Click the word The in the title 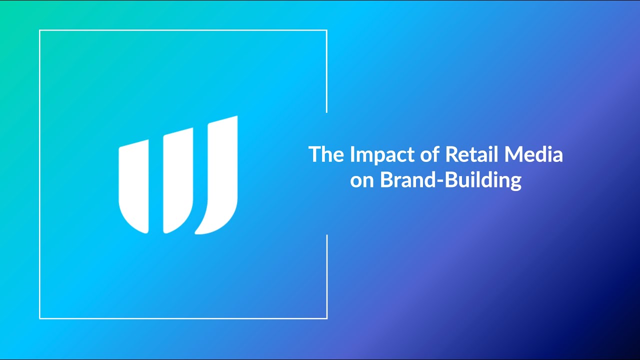point(326,154)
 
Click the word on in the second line point(362,181)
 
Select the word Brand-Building point(451,181)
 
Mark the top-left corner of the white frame point(39,30)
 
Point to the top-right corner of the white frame point(327,30)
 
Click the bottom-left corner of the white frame point(39,318)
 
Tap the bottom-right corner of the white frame point(327,318)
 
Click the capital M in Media point(513,154)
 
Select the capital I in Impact point(352,154)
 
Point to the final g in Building point(515,183)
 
